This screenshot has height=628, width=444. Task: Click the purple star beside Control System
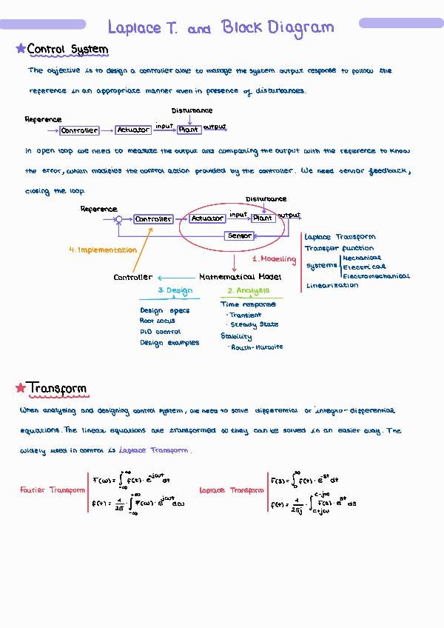21,49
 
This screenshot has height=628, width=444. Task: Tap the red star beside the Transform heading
20,388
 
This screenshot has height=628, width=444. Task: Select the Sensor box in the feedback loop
239,235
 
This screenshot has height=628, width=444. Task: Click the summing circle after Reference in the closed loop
120,218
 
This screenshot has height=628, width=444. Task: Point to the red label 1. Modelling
274,259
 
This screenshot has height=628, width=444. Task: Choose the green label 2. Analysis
248,291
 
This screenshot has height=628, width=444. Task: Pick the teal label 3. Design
175,291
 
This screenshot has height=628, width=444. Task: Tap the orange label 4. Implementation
103,250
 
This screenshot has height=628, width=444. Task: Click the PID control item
160,332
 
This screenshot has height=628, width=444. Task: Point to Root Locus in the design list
157,321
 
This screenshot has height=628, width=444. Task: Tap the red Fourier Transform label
52,490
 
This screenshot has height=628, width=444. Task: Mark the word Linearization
332,286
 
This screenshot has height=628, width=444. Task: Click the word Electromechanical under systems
376,276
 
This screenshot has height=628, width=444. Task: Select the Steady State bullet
254,324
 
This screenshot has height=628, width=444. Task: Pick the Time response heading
248,304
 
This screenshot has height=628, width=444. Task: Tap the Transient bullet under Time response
245,315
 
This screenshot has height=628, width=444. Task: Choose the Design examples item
169,343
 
